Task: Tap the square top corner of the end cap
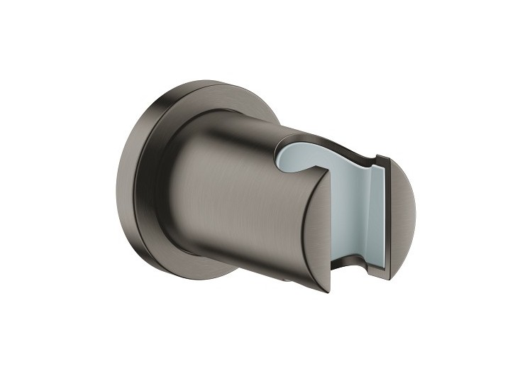point(383,158)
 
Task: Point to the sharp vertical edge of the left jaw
point(331,234)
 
